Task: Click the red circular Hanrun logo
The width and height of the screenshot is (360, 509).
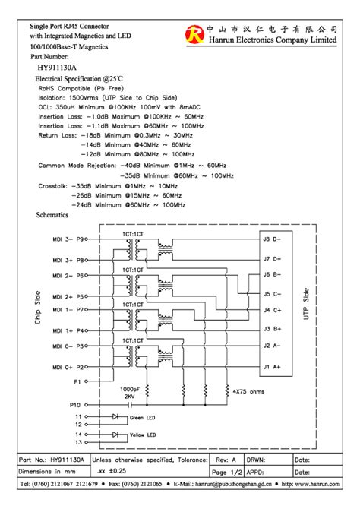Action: coord(196,33)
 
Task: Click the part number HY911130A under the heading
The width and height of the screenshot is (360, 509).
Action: coord(57,67)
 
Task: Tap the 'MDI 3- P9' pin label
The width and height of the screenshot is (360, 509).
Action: coord(71,238)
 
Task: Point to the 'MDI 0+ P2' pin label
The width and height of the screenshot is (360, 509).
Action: coord(71,367)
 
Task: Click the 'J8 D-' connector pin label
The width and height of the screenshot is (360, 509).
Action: coord(272,238)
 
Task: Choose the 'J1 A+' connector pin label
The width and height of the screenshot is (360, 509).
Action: coord(272,367)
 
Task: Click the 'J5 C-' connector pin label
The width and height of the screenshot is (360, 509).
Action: coord(272,293)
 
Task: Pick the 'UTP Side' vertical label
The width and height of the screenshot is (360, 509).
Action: coord(306,303)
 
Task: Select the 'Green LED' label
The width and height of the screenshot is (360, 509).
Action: coord(142,417)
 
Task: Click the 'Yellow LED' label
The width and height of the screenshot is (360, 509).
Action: coord(142,435)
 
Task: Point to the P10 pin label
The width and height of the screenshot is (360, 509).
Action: coord(74,405)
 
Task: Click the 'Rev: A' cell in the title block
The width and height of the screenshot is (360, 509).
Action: coord(226,460)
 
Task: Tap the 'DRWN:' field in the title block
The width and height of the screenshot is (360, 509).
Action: coord(257,460)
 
